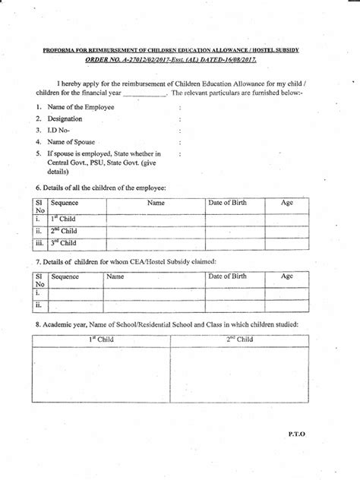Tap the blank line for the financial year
click(144, 93)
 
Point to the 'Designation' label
click(64, 118)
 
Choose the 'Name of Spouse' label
click(73, 141)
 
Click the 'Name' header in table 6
click(156, 204)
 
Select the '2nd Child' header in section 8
click(239, 339)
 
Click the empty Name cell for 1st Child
click(156, 219)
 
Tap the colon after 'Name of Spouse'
click(179, 142)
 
